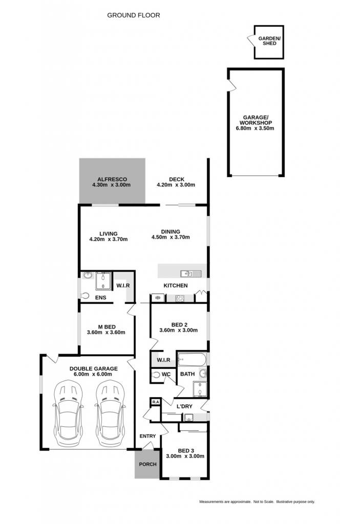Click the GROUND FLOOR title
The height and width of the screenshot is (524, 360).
[x=134, y=15]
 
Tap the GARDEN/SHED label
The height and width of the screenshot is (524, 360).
[x=269, y=41]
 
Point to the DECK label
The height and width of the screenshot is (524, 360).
[x=176, y=179]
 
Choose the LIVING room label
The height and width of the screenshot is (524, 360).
[x=109, y=233]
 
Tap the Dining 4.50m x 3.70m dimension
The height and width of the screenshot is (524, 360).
[x=171, y=237]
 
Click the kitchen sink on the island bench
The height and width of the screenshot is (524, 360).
[x=186, y=274]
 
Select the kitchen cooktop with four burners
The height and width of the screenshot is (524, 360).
[x=180, y=298]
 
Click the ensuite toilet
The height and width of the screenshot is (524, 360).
[x=85, y=295]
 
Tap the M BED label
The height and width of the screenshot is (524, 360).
[x=107, y=327]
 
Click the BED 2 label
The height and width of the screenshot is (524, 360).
[x=179, y=324]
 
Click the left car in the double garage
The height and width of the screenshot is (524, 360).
[x=68, y=413]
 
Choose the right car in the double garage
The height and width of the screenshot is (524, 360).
[x=111, y=413]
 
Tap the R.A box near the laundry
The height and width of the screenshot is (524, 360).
[x=156, y=402]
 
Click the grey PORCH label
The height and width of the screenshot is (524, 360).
[x=147, y=464]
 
